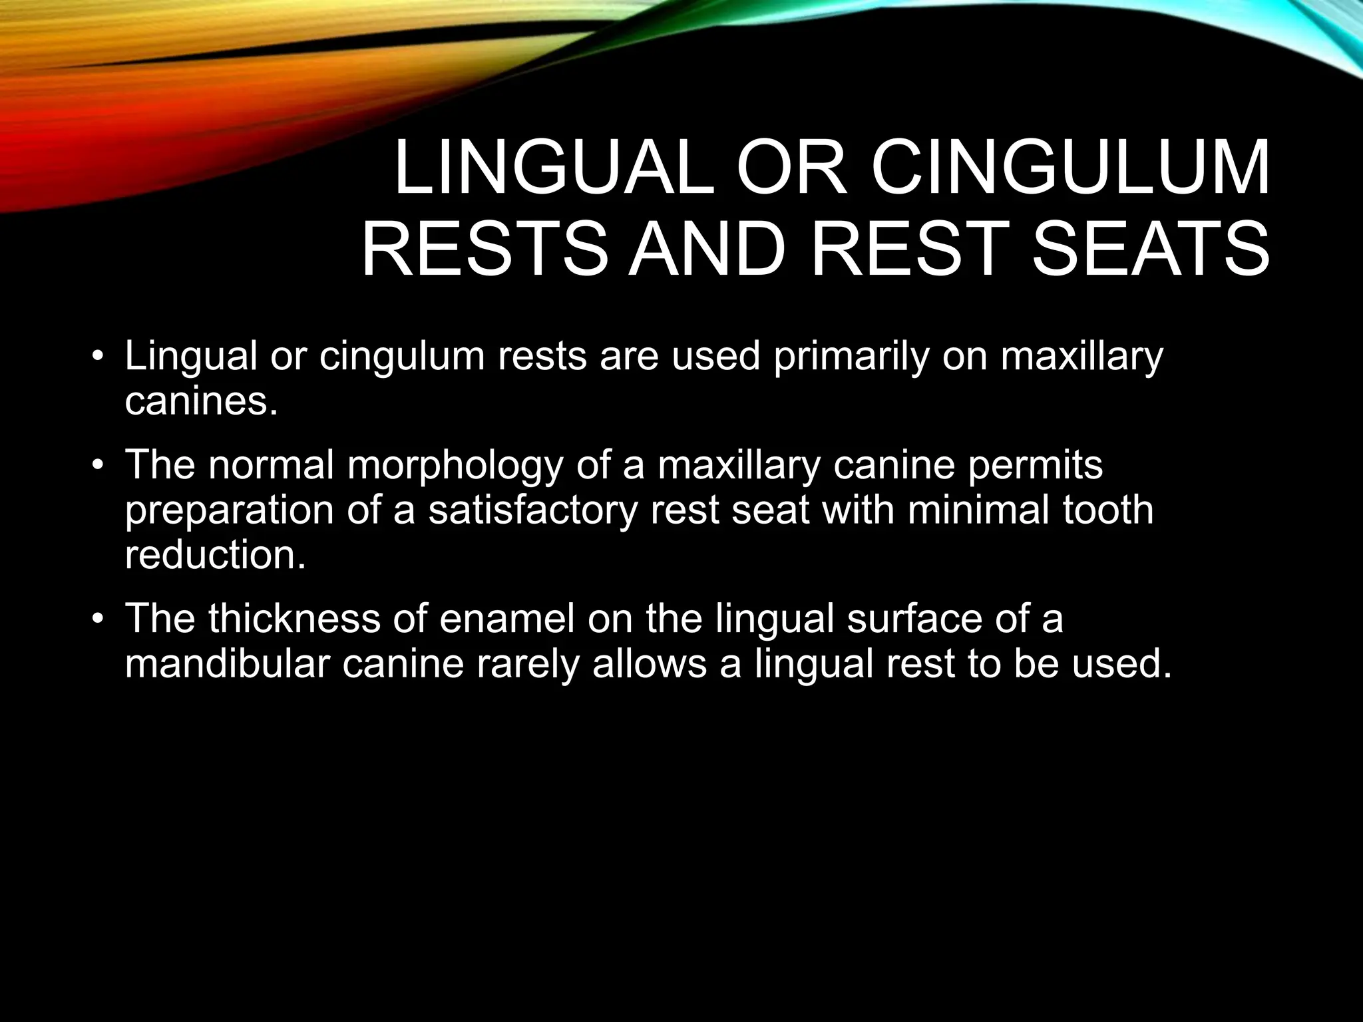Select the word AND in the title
704,250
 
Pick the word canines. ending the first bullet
200,401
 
